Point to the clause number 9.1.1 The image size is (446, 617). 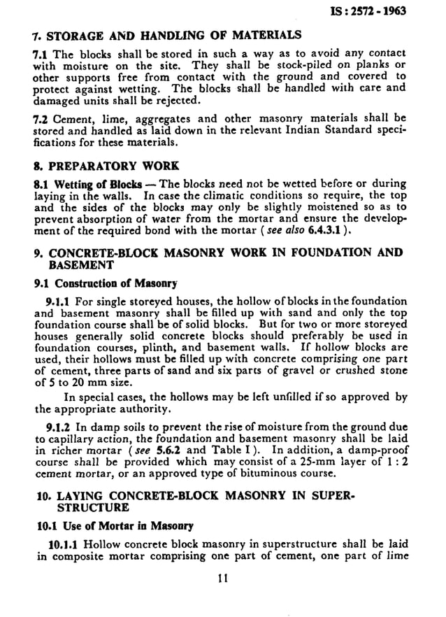coord(58,302)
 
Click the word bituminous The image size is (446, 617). coord(266,473)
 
